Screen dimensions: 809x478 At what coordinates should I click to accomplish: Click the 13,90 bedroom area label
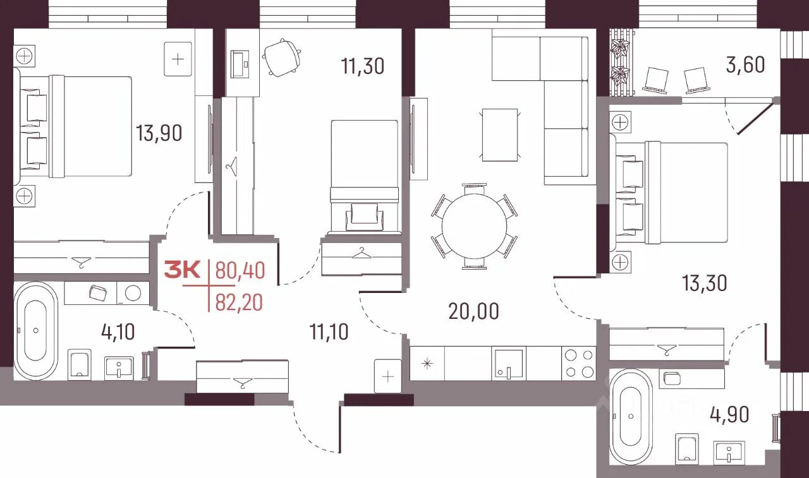159,133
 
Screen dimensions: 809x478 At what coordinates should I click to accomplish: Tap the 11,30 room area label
363,66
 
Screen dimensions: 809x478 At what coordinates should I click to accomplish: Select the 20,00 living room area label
473,311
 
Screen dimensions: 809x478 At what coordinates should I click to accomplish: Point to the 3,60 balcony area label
745,65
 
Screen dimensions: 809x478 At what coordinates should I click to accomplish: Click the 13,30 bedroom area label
704,283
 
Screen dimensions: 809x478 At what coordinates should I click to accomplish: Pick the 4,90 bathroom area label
729,414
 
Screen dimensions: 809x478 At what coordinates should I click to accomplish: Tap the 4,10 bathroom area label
118,332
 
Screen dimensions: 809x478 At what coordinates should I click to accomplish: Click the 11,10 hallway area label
329,332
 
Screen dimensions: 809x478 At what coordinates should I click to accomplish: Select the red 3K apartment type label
182,270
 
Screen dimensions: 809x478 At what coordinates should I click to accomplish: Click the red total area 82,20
239,302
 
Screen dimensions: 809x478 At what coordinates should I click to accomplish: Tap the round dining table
474,226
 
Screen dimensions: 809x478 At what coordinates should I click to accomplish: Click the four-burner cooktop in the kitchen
579,363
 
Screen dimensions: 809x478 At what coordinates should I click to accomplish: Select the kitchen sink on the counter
509,363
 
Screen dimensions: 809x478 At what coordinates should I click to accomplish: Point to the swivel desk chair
282,57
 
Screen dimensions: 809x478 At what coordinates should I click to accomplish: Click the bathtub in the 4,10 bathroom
35,331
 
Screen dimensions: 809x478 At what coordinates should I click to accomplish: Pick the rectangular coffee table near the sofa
500,135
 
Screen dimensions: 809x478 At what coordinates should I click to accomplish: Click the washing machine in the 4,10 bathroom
133,293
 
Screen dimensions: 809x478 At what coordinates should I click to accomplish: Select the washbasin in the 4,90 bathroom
729,452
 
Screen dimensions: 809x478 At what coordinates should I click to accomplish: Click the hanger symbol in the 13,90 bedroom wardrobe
81,262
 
